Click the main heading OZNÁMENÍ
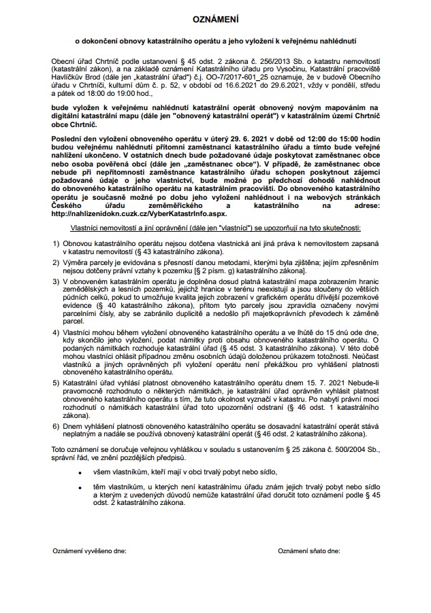[215, 22]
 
